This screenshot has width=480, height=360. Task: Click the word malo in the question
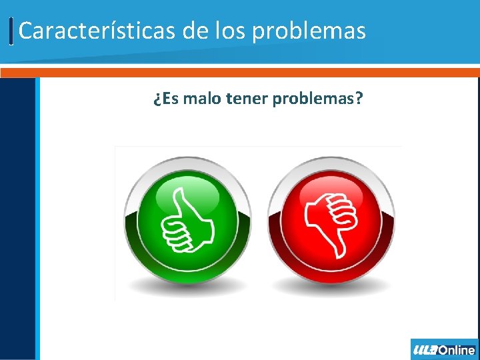pyautogui.click(x=202, y=100)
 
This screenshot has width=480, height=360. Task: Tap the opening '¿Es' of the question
pyautogui.click(x=165, y=100)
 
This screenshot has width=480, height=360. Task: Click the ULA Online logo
pyautogui.click(x=444, y=349)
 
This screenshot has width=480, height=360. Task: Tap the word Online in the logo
pyautogui.click(x=457, y=349)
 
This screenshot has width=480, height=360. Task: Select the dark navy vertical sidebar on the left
pyautogui.click(x=17, y=220)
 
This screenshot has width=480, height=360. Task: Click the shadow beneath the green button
pyautogui.click(x=188, y=287)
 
